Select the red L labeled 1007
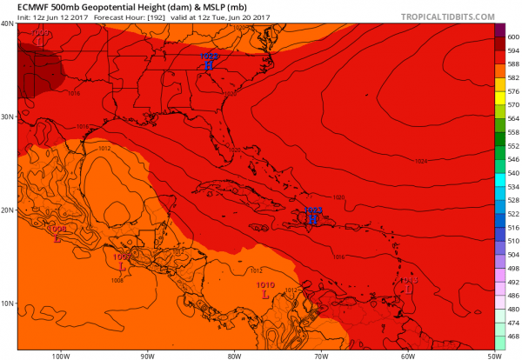pos(121,267)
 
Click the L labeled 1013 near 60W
pos(409,290)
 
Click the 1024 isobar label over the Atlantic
pos(422,161)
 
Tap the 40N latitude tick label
pos(8,23)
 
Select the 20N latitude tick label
pos(8,210)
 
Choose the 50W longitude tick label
pos(494,355)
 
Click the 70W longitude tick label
pos(321,355)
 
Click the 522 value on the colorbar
pos(513,214)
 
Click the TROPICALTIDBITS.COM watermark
pos(445,17)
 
